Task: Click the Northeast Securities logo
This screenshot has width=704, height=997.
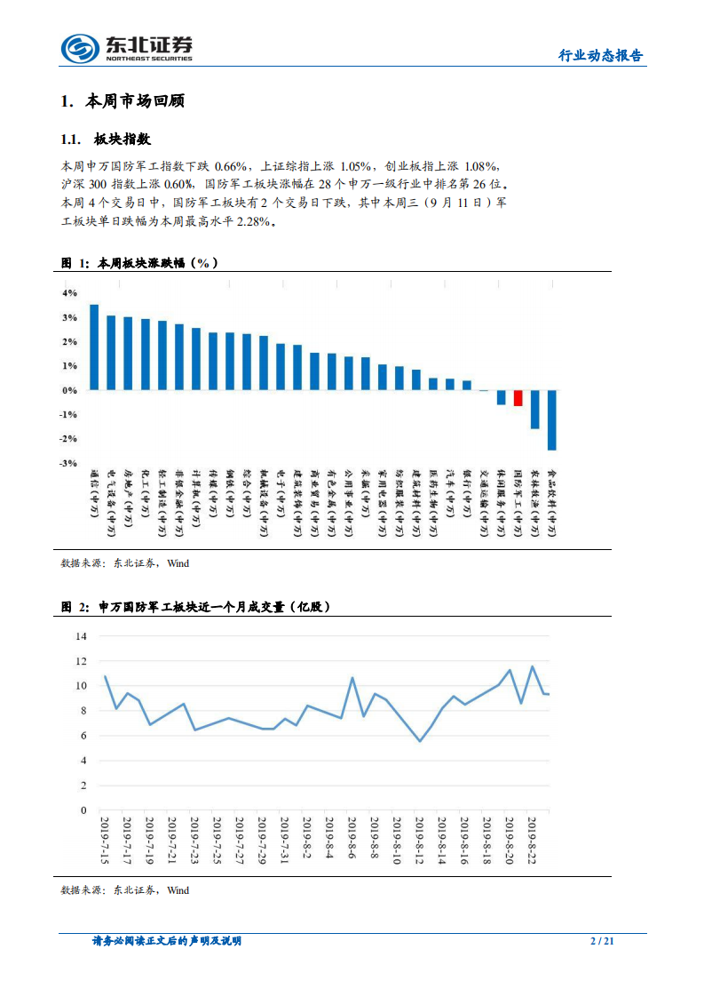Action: (126, 48)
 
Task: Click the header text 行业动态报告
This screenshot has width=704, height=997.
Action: (600, 56)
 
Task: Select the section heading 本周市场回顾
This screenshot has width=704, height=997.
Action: (134, 101)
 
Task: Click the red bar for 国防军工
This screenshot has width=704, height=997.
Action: (518, 398)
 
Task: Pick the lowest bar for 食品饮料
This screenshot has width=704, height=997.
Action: (551, 420)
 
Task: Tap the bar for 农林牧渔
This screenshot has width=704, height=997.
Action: (534, 410)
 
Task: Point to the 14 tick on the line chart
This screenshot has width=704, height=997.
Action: (81, 636)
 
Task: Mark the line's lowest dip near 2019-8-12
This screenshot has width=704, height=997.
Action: (420, 741)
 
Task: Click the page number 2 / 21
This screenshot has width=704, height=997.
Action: (602, 942)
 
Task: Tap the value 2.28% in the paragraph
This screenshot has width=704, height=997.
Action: (252, 222)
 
